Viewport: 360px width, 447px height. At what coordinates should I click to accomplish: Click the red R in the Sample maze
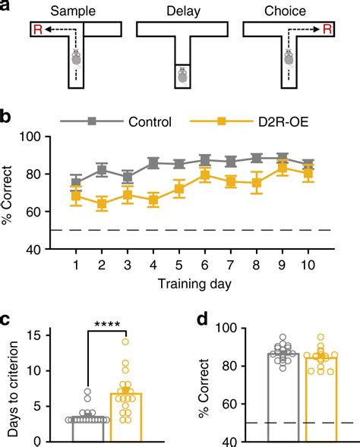[x=38, y=30]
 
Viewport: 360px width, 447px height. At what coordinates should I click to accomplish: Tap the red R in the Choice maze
[x=328, y=29]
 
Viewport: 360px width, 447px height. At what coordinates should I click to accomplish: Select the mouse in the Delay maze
[x=182, y=77]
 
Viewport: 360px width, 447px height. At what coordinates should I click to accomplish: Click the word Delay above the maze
[x=184, y=11]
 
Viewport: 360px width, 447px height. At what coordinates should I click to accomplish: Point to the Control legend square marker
[x=92, y=121]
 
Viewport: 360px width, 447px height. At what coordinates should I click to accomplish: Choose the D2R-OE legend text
[x=283, y=122]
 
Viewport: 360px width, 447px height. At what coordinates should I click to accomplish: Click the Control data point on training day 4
[x=153, y=162]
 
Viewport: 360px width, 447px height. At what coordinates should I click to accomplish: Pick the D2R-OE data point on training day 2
[x=102, y=204]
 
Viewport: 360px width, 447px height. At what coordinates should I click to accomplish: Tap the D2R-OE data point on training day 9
[x=283, y=168]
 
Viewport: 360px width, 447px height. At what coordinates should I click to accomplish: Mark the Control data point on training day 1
[x=76, y=182]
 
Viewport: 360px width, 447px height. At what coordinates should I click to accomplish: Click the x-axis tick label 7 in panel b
[x=230, y=265]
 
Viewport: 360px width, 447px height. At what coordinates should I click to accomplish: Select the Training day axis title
[x=194, y=285]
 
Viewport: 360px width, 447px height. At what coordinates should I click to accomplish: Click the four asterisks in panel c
[x=107, y=324]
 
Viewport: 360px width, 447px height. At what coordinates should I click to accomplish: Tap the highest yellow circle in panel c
[x=125, y=342]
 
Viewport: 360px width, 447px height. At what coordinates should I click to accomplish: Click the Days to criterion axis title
[x=13, y=389]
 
